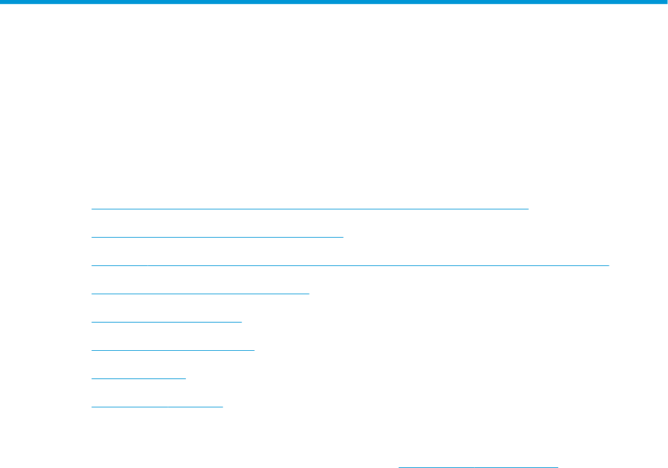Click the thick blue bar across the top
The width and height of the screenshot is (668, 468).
[334, 2]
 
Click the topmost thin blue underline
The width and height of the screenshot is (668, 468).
[310, 209]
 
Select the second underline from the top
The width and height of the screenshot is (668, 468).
[217, 237]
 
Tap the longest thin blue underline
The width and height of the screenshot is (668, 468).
[349, 265]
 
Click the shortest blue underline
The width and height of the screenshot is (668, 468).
[138, 378]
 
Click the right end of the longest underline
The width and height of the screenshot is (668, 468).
[607, 265]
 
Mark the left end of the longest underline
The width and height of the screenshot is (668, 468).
[92, 265]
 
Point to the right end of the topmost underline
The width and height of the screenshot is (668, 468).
[529, 209]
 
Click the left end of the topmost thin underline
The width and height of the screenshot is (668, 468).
[92, 209]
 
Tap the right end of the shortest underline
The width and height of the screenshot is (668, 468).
[185, 378]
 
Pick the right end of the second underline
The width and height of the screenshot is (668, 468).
[342, 237]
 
